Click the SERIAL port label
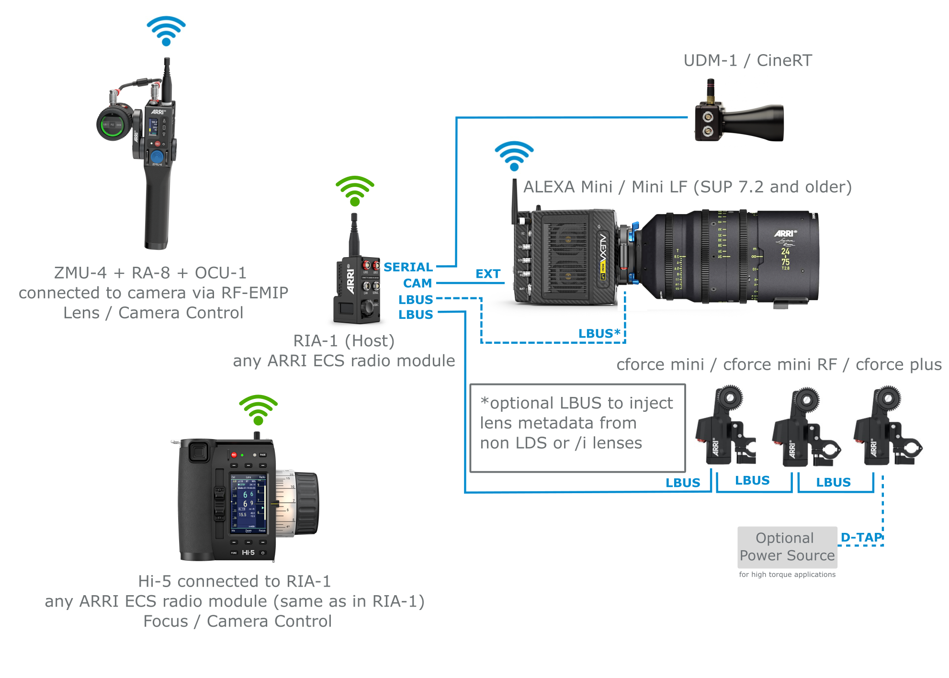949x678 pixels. [x=408, y=267]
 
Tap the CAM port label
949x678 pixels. [x=417, y=283]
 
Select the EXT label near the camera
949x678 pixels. [x=487, y=274]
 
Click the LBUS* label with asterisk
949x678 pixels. [x=599, y=334]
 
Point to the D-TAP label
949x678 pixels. [x=861, y=537]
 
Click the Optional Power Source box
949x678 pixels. [x=787, y=547]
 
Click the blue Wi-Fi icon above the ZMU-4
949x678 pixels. [x=166, y=31]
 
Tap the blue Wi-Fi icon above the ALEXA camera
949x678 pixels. [x=514, y=156]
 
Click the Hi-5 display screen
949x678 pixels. [x=249, y=504]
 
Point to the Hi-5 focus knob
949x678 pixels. [x=306, y=503]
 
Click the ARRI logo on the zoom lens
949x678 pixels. [x=785, y=233]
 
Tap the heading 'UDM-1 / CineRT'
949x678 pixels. [x=747, y=60]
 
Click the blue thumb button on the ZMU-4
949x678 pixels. [x=157, y=157]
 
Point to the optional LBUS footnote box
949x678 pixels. [x=577, y=428]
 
